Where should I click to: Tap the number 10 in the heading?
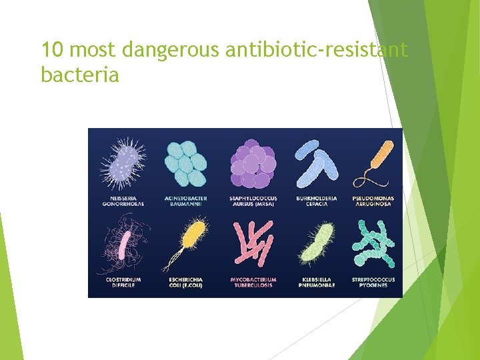(x=53, y=50)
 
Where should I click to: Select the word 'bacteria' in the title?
(x=80, y=75)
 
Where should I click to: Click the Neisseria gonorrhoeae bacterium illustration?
(x=123, y=163)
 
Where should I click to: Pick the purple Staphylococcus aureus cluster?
(x=252, y=164)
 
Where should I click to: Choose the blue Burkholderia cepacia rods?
(x=317, y=163)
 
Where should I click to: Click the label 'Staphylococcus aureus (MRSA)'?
(x=253, y=201)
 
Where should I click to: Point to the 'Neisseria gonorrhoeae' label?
(x=123, y=201)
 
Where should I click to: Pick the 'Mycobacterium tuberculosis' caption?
(x=253, y=283)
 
